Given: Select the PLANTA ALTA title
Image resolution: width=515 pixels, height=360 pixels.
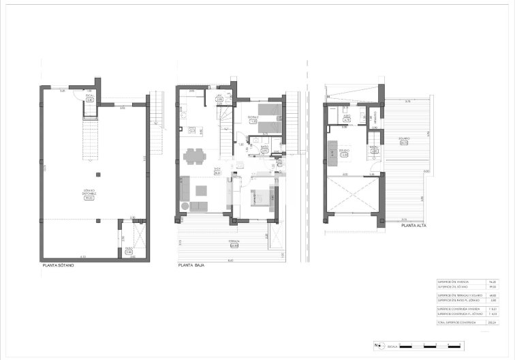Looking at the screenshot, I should [x=413, y=225].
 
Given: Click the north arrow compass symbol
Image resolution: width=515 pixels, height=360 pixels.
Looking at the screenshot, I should [x=376, y=345].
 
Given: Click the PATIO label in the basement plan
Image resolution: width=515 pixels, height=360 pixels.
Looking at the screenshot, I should [x=128, y=251].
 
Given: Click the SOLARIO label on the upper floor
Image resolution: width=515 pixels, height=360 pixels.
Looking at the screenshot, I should [x=403, y=142].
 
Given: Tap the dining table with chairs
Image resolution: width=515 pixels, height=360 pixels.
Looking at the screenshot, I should [x=195, y=156].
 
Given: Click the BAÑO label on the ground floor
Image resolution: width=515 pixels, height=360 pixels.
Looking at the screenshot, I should [x=265, y=150].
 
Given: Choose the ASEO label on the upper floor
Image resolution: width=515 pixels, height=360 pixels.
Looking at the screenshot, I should [x=346, y=118].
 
